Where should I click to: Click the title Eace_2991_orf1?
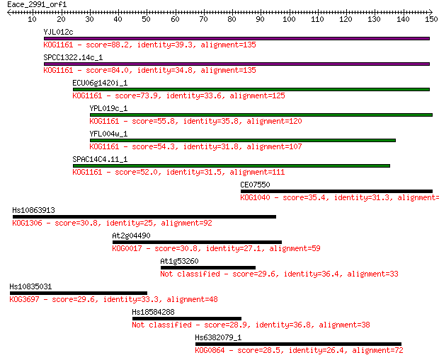click(37, 5)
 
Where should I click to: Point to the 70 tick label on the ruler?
click(203, 19)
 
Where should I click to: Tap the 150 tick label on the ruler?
click(431, 19)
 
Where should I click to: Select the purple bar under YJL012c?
click(236, 39)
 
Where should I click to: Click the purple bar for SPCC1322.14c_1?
click(236, 64)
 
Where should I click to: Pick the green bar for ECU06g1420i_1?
click(251, 90)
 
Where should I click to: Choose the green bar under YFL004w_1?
click(243, 141)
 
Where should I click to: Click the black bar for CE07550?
click(336, 192)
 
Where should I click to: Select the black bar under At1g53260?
click(208, 267)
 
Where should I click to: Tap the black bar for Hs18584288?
click(187, 318)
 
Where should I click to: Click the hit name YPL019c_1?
click(108, 108)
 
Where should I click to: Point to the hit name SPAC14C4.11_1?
click(100, 159)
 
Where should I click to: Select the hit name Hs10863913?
click(33, 210)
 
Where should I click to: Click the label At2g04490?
click(131, 236)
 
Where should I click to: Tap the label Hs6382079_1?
click(218, 337)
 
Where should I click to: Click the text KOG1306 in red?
click(27, 223)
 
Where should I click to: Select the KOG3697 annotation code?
click(24, 299)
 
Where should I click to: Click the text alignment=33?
click(372, 274)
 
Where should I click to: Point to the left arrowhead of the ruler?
click(9, 12)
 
